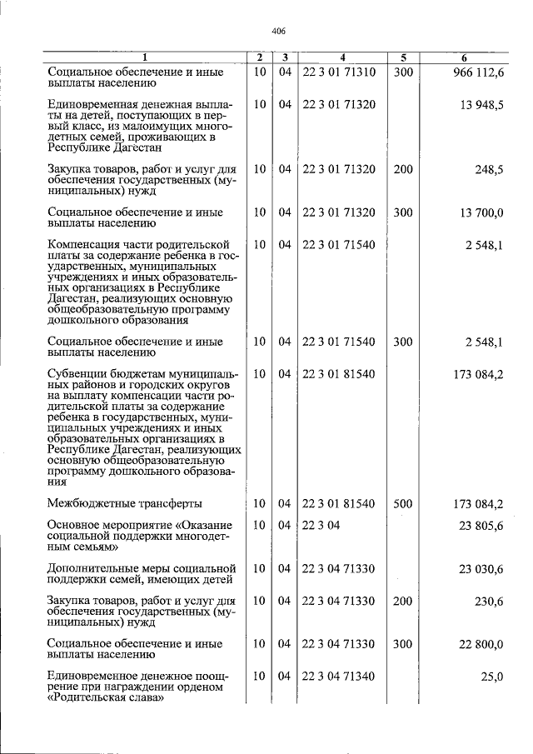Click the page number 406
279,31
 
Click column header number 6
465,57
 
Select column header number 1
143,57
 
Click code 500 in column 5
403,504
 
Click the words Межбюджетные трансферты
125,504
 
